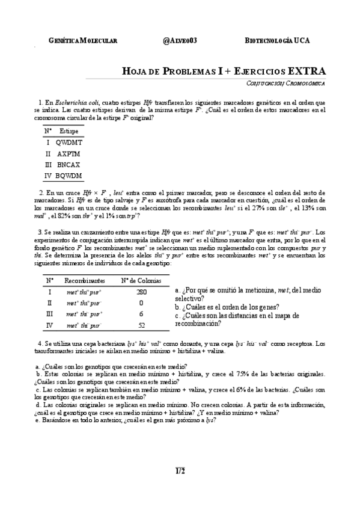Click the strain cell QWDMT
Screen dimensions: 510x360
69,143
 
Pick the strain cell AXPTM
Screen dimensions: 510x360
69,153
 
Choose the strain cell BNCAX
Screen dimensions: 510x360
69,164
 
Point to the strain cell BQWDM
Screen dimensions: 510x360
69,175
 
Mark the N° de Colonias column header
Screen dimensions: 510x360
141,280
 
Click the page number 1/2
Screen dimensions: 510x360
180,470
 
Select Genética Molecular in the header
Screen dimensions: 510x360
82,40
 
